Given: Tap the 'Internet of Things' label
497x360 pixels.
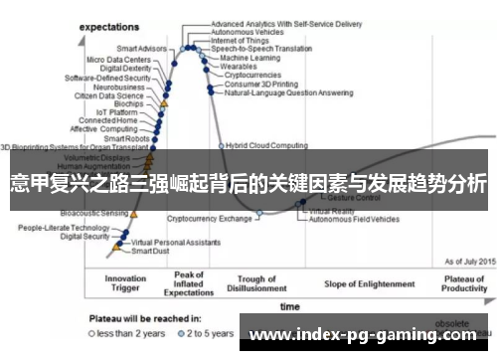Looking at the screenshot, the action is [x=240, y=41].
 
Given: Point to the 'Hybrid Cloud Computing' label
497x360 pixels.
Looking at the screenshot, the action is [x=266, y=145].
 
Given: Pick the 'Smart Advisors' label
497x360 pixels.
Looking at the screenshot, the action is [x=141, y=48].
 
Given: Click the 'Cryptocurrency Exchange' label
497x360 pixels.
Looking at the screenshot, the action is [x=210, y=218].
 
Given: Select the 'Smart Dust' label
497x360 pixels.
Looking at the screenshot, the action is [x=151, y=252].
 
